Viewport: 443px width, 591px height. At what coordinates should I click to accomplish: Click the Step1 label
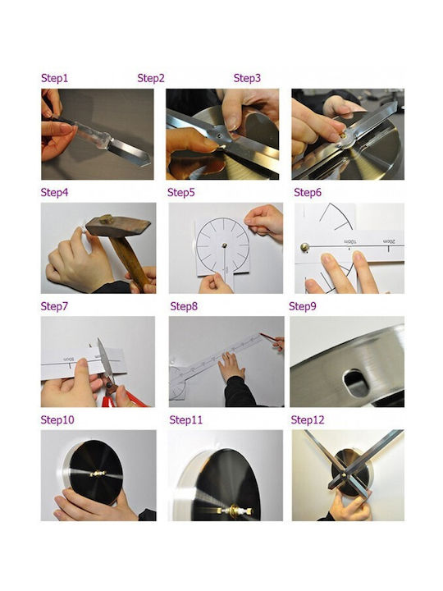55,78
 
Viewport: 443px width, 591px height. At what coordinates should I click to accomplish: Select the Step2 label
151,78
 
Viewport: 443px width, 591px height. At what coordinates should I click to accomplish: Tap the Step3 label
247,78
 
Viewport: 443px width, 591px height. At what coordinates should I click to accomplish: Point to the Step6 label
308,192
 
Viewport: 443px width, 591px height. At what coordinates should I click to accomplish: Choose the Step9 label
303,306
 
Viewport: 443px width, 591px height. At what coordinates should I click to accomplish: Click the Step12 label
308,420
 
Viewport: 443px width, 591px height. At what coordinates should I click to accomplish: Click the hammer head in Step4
117,225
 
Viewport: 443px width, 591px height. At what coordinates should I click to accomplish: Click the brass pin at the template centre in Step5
224,245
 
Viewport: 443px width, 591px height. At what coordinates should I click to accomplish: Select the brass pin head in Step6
304,247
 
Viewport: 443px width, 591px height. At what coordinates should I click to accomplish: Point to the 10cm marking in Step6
349,241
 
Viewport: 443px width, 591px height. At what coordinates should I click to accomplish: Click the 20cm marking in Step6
389,241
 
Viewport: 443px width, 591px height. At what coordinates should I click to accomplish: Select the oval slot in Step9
355,383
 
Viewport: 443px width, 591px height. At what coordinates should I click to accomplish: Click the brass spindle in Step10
98,474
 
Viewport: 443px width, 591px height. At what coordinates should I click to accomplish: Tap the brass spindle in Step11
235,511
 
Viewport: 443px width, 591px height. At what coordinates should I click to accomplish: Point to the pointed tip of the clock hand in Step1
150,163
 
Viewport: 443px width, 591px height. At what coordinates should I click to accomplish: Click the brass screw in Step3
342,134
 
